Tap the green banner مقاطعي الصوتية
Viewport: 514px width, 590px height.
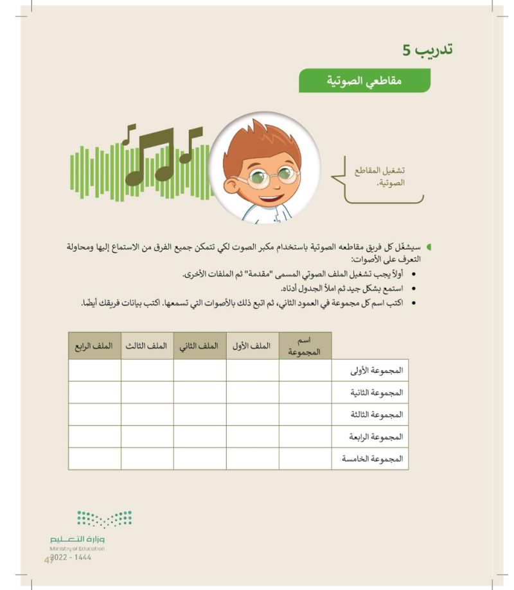(x=364, y=82)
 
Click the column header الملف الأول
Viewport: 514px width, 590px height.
(x=252, y=346)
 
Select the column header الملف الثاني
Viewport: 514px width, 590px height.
(x=199, y=346)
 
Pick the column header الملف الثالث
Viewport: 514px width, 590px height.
(x=146, y=346)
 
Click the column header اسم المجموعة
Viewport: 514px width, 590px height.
(x=305, y=346)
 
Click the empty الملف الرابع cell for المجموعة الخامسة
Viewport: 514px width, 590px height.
(x=94, y=459)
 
